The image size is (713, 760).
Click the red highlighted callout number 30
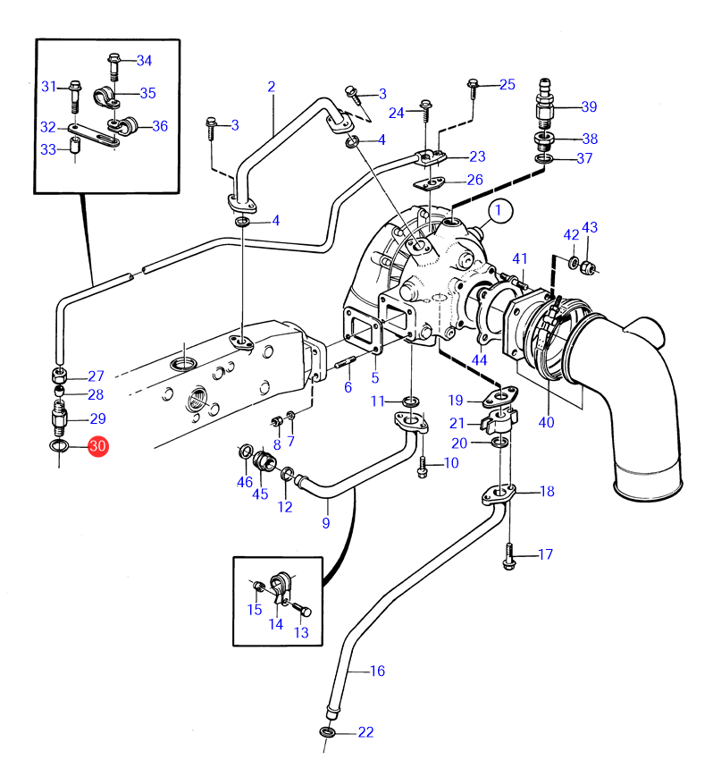[x=97, y=445]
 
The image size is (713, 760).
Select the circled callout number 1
[x=501, y=212]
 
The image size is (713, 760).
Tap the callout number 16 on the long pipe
[x=377, y=670]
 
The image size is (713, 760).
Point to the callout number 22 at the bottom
[x=365, y=732]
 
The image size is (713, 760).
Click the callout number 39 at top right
[x=588, y=107]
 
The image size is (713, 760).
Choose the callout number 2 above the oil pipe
[x=271, y=87]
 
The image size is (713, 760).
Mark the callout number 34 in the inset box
[x=144, y=61]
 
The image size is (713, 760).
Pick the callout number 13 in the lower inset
[x=300, y=633]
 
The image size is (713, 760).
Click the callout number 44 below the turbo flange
[x=480, y=359]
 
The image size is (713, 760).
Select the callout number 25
[x=507, y=85]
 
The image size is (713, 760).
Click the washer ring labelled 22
[x=328, y=733]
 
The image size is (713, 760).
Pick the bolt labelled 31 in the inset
[x=74, y=89]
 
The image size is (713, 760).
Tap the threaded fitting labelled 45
[x=264, y=461]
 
